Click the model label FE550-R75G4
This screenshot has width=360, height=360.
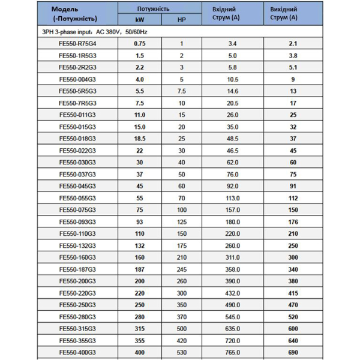click(x=77, y=43)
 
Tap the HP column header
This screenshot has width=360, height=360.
click(x=181, y=20)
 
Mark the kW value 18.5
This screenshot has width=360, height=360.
click(x=140, y=138)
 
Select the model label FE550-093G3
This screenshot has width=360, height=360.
click(x=77, y=221)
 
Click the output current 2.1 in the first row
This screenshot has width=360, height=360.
click(x=293, y=43)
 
